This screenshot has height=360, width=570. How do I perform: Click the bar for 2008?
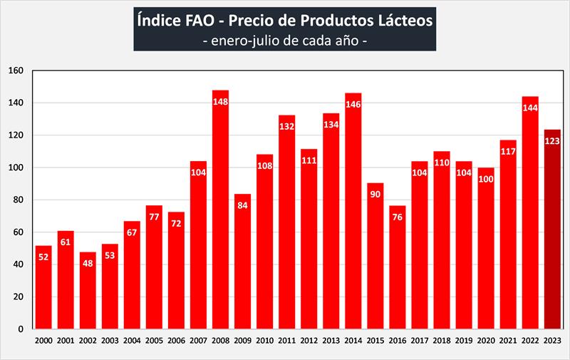pos(220,214)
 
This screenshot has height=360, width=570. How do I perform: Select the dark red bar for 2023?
pos(552,228)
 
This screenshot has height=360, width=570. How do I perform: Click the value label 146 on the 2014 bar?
pos(353,103)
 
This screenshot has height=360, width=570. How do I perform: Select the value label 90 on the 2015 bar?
pos(375,195)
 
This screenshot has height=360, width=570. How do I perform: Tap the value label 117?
pos(508,151)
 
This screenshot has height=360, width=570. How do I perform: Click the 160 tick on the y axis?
pos(16,71)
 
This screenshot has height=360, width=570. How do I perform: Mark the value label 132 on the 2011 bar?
pos(287,126)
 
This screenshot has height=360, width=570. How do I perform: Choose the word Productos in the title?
pos(323,20)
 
